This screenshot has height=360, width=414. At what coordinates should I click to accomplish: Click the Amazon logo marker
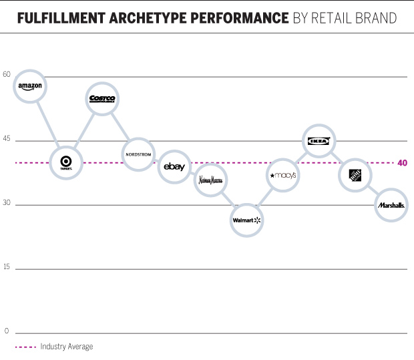pyautogui.click(x=30, y=86)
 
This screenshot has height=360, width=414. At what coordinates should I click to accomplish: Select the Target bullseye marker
pyautogui.click(x=66, y=162)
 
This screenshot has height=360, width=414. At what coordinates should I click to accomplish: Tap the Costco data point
pyautogui.click(x=102, y=99)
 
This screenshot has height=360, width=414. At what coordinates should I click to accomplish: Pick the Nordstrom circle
pyautogui.click(x=139, y=154)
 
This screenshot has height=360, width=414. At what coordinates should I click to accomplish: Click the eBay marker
pyautogui.click(x=174, y=167)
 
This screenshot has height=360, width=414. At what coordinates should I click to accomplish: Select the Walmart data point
pyautogui.click(x=246, y=219)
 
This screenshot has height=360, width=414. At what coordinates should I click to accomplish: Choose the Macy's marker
pyautogui.click(x=282, y=176)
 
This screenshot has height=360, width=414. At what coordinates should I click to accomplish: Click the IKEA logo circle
pyautogui.click(x=319, y=141)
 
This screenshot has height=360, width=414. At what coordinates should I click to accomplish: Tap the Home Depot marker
pyautogui.click(x=355, y=176)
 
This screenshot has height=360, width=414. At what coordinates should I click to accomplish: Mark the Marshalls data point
pyautogui.click(x=391, y=206)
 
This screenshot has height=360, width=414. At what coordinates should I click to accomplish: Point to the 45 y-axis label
pyautogui.click(x=7, y=139)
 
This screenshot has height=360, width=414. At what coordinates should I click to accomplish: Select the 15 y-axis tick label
pyautogui.click(x=7, y=267)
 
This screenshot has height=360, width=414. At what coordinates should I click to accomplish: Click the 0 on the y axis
pyautogui.click(x=7, y=331)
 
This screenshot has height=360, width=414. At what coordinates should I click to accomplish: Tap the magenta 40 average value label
pyautogui.click(x=402, y=163)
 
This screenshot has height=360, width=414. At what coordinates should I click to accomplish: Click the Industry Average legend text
pyautogui.click(x=66, y=347)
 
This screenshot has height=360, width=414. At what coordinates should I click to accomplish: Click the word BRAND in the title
pyautogui.click(x=377, y=17)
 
